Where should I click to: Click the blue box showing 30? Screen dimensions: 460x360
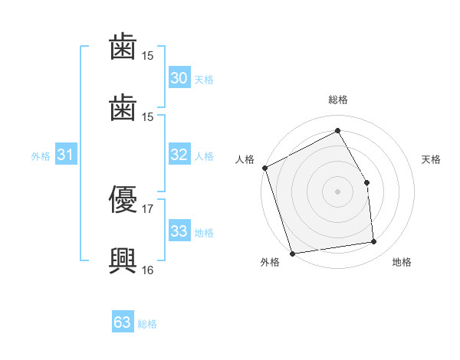tap(179, 77)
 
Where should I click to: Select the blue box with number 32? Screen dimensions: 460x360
tap(179, 154)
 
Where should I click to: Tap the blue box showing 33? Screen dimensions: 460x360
tap(179, 230)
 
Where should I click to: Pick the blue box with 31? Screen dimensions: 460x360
tap(66, 154)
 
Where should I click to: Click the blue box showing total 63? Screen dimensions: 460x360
tap(123, 321)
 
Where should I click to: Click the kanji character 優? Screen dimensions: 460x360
tap(123, 199)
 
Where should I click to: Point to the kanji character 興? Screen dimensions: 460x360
tap(123, 260)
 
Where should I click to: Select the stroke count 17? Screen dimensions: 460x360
tap(147, 209)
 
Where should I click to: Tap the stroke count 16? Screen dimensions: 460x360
tap(147, 270)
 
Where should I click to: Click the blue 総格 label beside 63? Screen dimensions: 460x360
tap(147, 324)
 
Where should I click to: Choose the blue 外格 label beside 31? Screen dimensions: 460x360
tap(41, 156)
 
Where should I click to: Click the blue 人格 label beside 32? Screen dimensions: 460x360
tap(204, 156)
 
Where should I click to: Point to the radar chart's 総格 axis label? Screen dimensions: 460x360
tap(338, 100)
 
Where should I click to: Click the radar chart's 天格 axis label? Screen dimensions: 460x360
tap(431, 159)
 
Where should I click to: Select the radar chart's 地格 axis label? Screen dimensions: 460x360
tap(402, 262)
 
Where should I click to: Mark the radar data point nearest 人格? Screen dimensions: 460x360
tap(265, 168)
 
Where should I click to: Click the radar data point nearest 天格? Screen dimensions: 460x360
tap(366, 182)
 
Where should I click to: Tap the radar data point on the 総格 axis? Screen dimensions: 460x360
tap(337, 130)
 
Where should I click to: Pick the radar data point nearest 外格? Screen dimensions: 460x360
tap(292, 254)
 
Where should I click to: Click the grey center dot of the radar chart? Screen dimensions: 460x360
tap(337, 191)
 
